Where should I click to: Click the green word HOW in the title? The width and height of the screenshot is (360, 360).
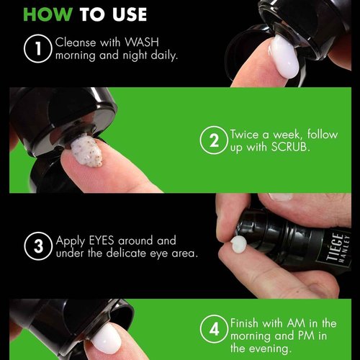[x=48, y=14]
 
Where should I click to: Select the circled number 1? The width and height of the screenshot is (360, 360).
[x=38, y=48]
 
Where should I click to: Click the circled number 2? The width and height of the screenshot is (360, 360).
[x=214, y=140]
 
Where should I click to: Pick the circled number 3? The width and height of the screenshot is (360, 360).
[x=38, y=246]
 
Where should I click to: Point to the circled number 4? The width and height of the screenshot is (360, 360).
[x=214, y=329]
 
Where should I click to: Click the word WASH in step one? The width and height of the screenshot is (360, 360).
[x=142, y=42]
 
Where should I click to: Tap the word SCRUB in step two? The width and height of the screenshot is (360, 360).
[x=289, y=147]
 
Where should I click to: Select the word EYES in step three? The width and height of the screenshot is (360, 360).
[x=102, y=240]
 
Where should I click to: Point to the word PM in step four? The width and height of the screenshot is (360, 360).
[x=306, y=336]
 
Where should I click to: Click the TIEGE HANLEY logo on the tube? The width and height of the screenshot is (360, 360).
[x=338, y=247]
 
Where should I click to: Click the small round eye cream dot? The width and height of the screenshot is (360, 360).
[x=238, y=244]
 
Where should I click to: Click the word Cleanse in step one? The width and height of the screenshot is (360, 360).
[x=76, y=42]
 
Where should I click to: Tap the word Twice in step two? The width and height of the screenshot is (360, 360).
[x=244, y=134]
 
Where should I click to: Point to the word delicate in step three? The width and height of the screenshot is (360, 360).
[x=126, y=253]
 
